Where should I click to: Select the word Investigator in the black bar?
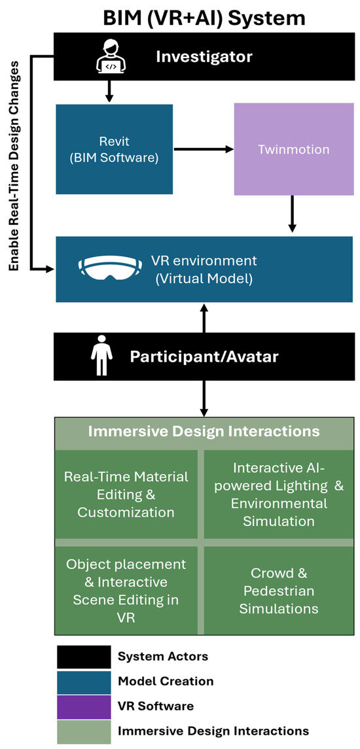[204, 58]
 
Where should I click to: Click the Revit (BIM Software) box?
[114, 149]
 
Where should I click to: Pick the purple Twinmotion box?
[293, 149]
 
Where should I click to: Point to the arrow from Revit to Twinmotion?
[203, 149]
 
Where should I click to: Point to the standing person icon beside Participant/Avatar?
[100, 357]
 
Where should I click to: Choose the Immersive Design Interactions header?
[204, 432]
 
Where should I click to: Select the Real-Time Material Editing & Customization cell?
[126, 494]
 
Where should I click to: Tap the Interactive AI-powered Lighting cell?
[280, 494]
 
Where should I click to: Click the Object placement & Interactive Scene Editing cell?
[126, 591]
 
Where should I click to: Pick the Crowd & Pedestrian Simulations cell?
[280, 591]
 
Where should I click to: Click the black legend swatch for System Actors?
[84, 657]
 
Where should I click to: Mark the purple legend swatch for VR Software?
[84, 706]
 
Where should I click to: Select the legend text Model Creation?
[166, 682]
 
